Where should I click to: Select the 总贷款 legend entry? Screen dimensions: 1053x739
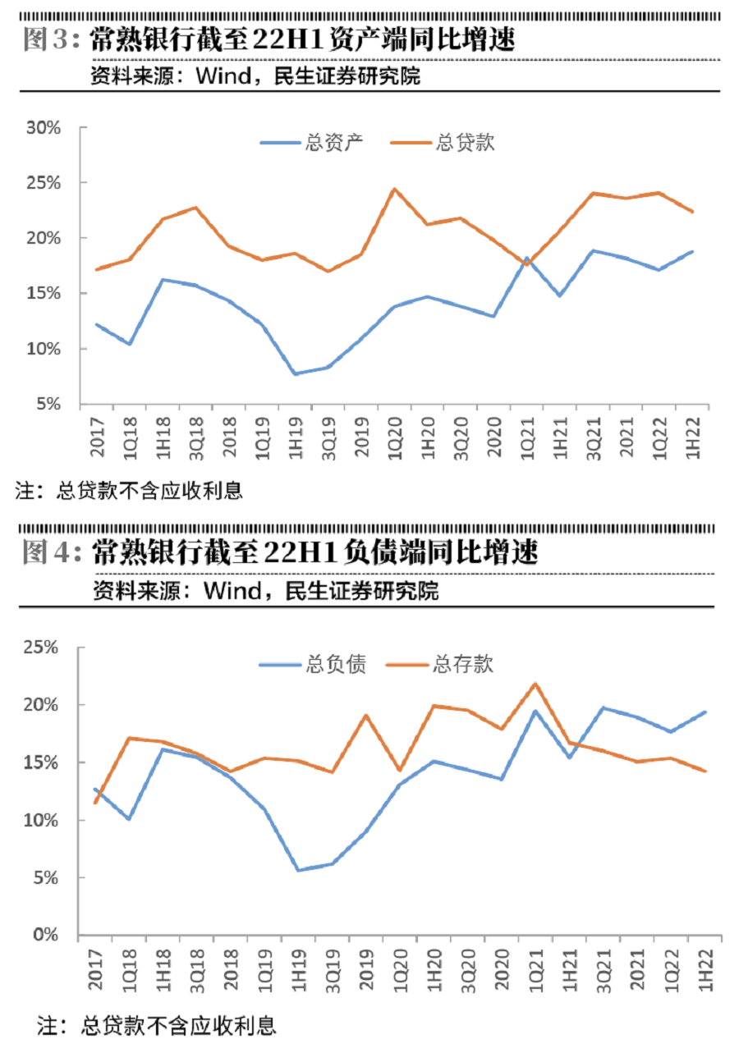tap(466, 142)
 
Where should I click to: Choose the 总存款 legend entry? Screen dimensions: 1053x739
tap(462, 664)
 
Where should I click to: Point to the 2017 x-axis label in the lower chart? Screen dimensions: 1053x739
tap(96, 973)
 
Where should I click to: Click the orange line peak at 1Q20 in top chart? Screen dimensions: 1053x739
tap(394, 189)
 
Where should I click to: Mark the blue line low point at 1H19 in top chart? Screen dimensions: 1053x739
tap(295, 373)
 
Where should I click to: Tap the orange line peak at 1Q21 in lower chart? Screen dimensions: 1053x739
tap(535, 684)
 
